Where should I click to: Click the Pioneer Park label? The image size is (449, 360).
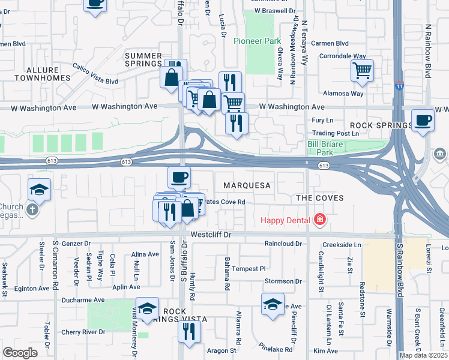(x=258, y=41)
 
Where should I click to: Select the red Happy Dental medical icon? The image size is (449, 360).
(x=319, y=220)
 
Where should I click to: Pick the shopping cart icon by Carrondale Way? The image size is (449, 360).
(x=362, y=70)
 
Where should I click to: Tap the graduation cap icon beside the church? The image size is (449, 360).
(x=39, y=189)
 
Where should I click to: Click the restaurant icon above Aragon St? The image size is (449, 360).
(x=189, y=329)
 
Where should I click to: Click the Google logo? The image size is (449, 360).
(x=20, y=353)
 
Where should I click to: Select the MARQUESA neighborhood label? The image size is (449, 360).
(x=247, y=186)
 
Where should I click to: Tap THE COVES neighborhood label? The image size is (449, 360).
(x=320, y=198)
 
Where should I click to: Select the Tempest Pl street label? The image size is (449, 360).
(x=249, y=269)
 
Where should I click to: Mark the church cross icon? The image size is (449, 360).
(x=32, y=210)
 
